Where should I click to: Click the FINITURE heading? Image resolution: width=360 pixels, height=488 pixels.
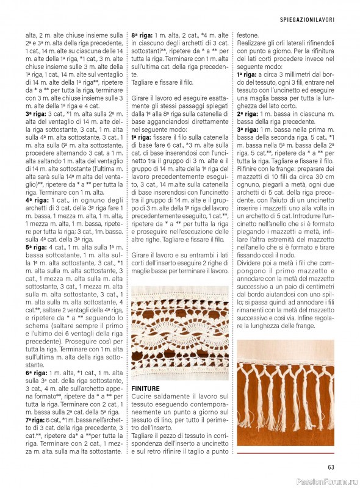pyautogui.click(x=146, y=389)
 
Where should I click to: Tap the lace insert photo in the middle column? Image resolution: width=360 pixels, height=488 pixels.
pyautogui.click(x=179, y=333)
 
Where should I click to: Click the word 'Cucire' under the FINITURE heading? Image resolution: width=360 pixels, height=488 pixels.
pyautogui.click(x=142, y=396)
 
